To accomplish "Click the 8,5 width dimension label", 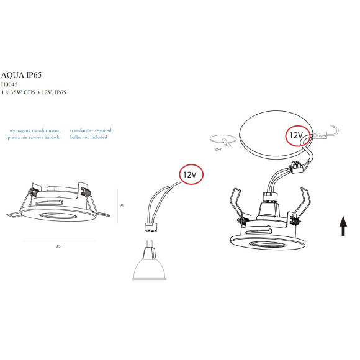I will coord(58,246).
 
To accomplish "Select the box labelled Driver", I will coord(320,135).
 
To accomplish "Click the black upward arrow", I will coord(343,226).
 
